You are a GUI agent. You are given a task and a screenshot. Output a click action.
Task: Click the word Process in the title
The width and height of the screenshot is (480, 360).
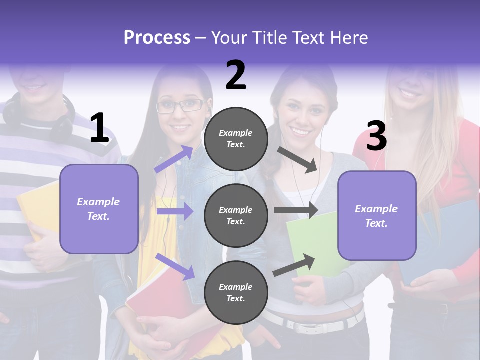(157, 38)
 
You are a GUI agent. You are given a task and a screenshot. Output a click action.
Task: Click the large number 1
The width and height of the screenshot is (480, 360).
(99, 128)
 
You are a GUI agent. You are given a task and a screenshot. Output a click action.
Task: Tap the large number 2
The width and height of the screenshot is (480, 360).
(236, 75)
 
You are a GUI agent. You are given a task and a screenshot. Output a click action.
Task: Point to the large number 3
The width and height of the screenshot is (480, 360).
(376, 136)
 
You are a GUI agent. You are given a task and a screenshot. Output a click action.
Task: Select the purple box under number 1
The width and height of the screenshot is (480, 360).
(99, 209)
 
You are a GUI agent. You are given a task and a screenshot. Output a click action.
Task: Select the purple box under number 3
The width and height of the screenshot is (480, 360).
(377, 215)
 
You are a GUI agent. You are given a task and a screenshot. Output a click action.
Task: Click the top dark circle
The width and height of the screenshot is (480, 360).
(236, 139)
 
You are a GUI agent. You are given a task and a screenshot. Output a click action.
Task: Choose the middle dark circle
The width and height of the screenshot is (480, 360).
(236, 215)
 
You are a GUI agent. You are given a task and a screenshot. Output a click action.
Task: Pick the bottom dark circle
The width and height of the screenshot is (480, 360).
(236, 292)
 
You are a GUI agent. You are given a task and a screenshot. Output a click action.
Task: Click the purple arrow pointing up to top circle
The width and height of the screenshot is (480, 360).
(174, 159)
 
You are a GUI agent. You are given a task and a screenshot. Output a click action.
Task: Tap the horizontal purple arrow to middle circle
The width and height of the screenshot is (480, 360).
(175, 211)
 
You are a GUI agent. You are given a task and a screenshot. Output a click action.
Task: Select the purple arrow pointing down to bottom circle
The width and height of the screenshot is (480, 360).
(175, 266)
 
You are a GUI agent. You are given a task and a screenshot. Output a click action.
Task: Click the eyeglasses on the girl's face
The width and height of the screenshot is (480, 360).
(180, 106)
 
